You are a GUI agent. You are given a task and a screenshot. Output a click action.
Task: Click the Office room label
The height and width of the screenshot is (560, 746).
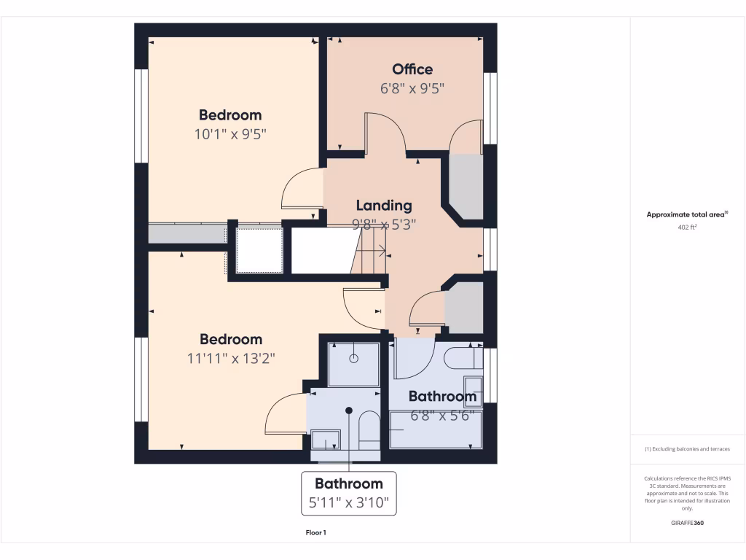(x=412, y=69)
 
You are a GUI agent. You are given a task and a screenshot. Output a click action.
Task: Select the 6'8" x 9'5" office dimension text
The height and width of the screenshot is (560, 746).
(x=412, y=89)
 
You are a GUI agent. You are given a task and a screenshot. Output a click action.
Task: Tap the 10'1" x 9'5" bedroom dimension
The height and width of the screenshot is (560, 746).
(x=230, y=134)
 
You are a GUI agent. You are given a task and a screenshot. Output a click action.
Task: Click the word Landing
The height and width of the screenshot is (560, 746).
(x=384, y=206)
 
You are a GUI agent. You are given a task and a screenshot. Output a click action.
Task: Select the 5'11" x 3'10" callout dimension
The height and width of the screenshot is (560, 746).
(x=348, y=502)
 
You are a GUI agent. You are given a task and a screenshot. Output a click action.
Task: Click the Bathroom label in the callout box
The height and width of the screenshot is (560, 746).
(x=348, y=483)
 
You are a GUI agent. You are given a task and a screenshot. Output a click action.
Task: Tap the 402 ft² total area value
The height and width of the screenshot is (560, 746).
(x=688, y=227)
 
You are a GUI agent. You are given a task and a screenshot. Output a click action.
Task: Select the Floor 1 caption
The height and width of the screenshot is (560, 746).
(x=315, y=533)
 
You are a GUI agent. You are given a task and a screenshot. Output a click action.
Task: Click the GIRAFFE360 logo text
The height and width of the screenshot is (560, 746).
(x=688, y=523)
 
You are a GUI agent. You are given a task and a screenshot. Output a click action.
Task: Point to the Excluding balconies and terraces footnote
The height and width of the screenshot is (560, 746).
(x=687, y=449)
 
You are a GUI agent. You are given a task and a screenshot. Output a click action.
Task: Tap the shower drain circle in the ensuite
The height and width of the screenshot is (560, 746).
(x=353, y=358)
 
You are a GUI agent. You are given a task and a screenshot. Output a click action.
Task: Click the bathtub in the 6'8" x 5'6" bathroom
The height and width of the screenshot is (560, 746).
(x=436, y=430)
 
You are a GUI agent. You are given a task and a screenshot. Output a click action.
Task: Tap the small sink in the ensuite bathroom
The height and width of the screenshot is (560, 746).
(x=325, y=440)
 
